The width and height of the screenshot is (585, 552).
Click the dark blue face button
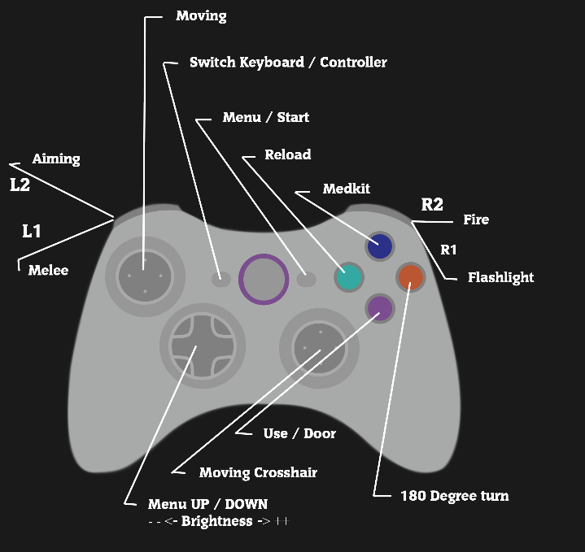380,246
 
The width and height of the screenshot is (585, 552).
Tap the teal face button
348,277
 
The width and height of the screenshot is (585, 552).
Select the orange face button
410,277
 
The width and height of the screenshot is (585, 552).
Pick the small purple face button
379,307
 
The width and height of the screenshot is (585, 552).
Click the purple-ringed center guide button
264,279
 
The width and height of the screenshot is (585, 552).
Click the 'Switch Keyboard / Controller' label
288,63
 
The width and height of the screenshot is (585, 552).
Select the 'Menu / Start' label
266,118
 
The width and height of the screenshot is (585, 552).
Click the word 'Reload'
288,154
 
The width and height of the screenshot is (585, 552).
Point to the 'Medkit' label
347,189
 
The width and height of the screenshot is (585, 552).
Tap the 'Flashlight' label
500,277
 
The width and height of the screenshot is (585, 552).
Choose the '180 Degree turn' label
455,495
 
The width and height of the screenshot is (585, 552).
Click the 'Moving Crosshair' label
258,472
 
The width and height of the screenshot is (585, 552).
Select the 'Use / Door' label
299,433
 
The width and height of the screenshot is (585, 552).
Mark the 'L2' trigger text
20,185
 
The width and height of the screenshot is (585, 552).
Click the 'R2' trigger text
432,205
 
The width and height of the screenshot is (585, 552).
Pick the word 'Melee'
48,270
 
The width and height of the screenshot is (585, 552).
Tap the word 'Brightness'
216,521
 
